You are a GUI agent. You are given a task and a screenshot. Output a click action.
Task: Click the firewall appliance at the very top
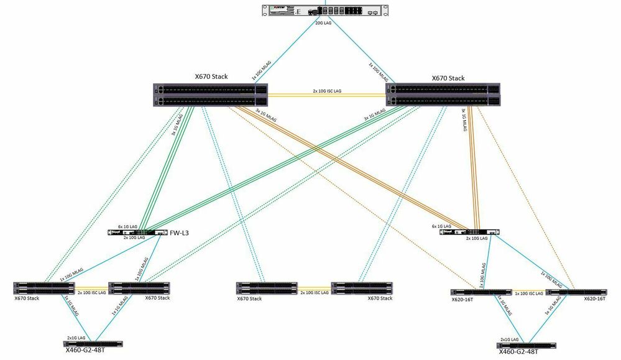point(323,12)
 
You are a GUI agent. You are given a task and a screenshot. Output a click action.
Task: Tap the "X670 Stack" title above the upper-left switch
point(211,77)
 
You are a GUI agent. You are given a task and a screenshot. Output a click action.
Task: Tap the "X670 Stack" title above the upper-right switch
point(448,78)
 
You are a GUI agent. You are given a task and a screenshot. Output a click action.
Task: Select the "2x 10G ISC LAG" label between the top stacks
point(326,91)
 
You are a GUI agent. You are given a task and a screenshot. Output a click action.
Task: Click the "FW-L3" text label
point(180,233)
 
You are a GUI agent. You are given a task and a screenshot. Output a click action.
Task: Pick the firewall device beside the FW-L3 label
point(138,233)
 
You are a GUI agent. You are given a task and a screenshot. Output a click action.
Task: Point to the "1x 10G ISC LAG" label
point(528,293)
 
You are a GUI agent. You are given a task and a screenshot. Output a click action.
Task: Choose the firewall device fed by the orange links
point(469,232)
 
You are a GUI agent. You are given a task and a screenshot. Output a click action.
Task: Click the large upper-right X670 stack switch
point(443,95)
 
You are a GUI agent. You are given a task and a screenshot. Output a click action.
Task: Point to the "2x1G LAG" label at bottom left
point(77,338)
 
